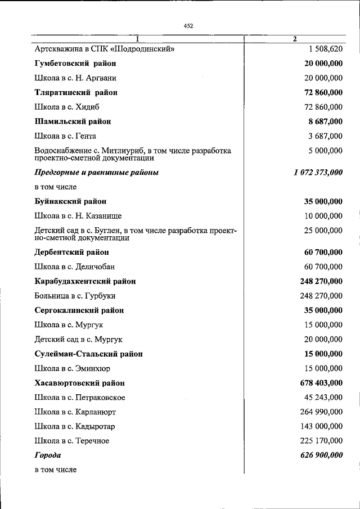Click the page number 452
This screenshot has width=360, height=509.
188,25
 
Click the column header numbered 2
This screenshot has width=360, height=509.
295,39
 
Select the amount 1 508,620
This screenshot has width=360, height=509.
325,49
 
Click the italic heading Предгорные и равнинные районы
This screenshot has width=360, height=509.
96,173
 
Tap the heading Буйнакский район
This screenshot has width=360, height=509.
70,201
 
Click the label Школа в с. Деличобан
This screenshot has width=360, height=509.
75,267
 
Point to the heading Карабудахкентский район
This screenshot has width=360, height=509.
85,281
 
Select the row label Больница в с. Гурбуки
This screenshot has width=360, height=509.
75,296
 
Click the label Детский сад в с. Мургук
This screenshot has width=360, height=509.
78,339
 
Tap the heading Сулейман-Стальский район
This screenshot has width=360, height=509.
88,354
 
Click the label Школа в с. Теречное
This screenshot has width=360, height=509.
71,441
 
